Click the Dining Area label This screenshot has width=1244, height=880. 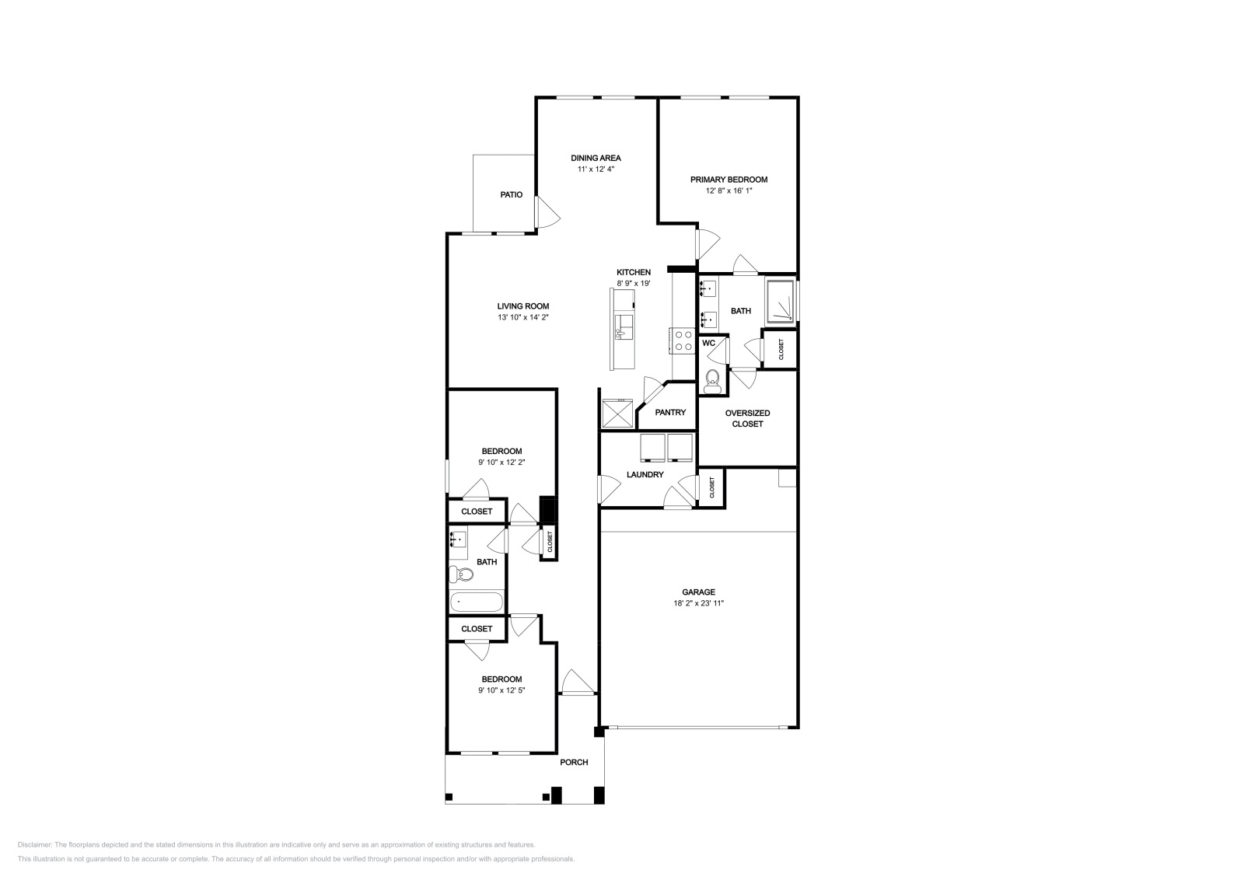point(596,159)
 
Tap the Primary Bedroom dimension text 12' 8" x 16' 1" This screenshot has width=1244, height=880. point(729,191)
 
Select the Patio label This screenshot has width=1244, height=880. point(512,195)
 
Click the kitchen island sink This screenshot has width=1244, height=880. point(624,327)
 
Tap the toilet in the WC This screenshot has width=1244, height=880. point(711,379)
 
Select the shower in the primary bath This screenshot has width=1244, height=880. point(781,302)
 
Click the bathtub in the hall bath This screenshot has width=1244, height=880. point(477,602)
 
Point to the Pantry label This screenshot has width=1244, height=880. point(670,413)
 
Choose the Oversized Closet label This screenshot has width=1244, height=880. point(747,419)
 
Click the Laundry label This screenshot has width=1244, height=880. point(645,475)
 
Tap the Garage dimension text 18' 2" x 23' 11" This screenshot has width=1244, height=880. point(699,603)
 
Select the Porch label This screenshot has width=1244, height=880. point(574,763)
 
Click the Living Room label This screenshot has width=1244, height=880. point(523,306)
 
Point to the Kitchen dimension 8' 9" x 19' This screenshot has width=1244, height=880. point(634,284)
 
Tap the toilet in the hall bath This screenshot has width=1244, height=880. point(461,574)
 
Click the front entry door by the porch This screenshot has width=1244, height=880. point(578,683)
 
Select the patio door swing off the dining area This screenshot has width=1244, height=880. point(547,212)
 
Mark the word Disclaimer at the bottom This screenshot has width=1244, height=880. point(34,845)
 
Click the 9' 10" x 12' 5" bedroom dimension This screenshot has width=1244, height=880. point(502,690)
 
